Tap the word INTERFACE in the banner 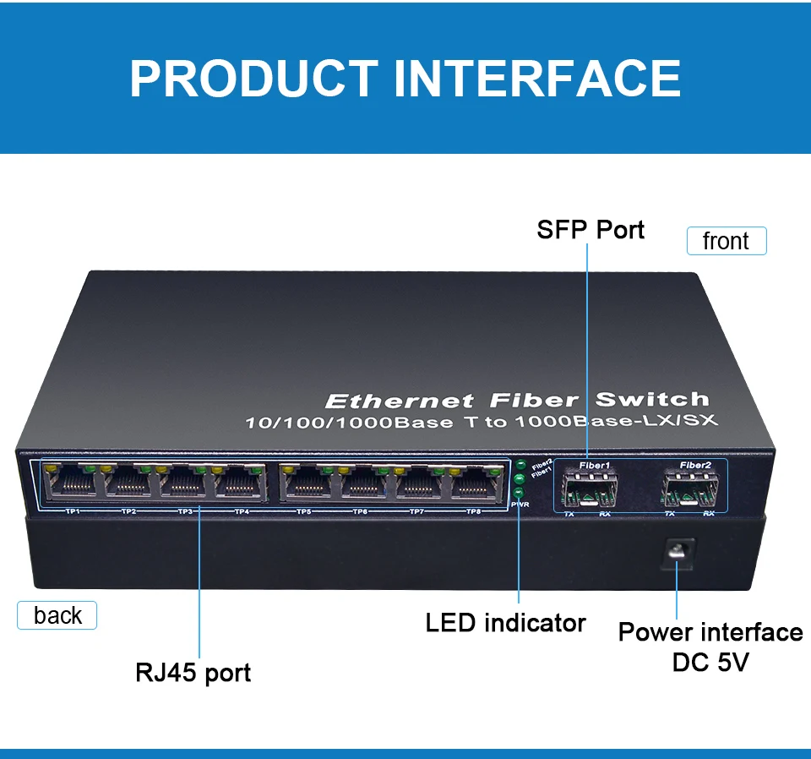pyautogui.click(x=537, y=79)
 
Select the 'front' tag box pyautogui.click(x=726, y=242)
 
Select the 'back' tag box pyautogui.click(x=57, y=615)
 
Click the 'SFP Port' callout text pyautogui.click(x=591, y=230)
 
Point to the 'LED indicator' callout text pyautogui.click(x=505, y=624)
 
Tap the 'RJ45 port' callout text pyautogui.click(x=193, y=673)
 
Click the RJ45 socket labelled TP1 pyautogui.click(x=74, y=484)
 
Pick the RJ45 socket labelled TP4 pyautogui.click(x=241, y=484)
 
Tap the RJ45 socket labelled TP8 pyautogui.click(x=475, y=484)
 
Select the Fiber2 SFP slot pyautogui.click(x=692, y=488)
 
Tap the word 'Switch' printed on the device pyautogui.click(x=651, y=400)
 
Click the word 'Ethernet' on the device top pyautogui.click(x=399, y=401)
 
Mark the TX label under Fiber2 pyautogui.click(x=669, y=513)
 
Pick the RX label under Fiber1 pyautogui.click(x=605, y=513)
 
